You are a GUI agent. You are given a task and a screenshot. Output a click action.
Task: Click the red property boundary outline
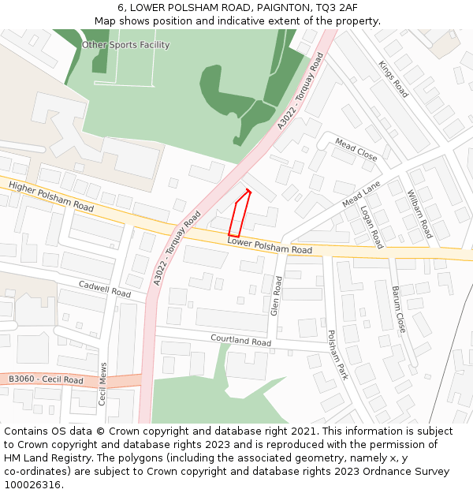(x=240, y=214)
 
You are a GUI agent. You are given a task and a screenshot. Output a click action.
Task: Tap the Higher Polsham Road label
(x=51, y=196)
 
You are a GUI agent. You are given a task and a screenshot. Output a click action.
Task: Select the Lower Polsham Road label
(x=270, y=246)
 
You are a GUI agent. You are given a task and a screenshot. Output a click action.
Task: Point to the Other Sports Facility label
(x=125, y=45)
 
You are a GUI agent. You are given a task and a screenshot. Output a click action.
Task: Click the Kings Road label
(x=393, y=79)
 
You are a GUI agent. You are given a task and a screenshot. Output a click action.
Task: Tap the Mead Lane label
(x=361, y=193)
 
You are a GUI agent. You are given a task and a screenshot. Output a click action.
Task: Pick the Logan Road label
(x=371, y=227)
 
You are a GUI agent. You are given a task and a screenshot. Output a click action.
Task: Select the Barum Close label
(x=398, y=308)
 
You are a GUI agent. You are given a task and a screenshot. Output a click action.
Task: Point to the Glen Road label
(x=276, y=296)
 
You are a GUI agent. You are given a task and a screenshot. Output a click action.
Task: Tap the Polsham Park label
(x=337, y=355)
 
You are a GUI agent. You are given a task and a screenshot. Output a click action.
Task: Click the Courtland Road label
(x=240, y=341)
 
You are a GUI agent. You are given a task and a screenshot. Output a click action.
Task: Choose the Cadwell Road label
(x=104, y=289)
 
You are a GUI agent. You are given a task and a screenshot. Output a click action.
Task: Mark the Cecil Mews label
(x=102, y=384)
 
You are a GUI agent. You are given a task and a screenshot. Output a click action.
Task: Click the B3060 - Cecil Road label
(x=46, y=380)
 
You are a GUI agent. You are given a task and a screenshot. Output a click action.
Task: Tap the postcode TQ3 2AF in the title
(x=335, y=7)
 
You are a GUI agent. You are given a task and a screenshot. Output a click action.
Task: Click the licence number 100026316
(x=34, y=484)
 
